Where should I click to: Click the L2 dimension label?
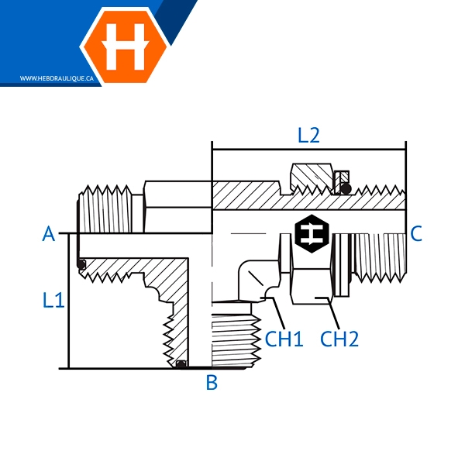308,136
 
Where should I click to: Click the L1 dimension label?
53,300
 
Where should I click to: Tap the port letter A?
49,234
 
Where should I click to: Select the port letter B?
212,382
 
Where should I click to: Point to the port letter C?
416,233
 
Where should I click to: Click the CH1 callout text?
284,339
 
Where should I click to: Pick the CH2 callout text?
339,339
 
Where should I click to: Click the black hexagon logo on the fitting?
312,234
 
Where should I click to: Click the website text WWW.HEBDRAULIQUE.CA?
57,78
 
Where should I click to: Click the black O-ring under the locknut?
346,188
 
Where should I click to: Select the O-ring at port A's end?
81,264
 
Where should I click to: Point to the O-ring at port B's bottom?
181,364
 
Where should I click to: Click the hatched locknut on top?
312,177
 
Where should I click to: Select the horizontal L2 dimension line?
309,150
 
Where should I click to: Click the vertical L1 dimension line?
69,301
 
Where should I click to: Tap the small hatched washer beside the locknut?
342,183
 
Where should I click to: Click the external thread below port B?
236,340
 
